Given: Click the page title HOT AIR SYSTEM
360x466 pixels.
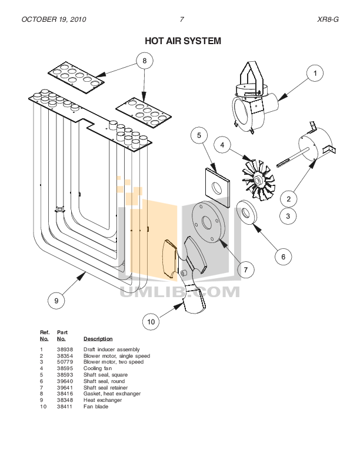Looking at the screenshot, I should pos(183,41).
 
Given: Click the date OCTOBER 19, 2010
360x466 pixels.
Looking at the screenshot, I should pos(54,19).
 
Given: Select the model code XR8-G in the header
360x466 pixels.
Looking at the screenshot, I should pos(328,19).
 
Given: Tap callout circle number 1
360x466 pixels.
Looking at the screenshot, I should pos(315,74).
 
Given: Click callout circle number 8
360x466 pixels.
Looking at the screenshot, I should pos(145,60).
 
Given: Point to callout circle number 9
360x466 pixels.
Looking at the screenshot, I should pos(56,301).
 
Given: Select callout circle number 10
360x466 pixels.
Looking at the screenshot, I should pos(151,322).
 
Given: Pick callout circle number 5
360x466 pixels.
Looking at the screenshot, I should pos(199,135).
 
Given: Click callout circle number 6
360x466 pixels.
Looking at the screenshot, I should pos(283,257).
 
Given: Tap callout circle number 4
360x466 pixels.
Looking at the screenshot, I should pos(222,144).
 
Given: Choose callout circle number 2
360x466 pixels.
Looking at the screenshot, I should pos(288,199).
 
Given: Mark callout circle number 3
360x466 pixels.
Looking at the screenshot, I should pos(288,217).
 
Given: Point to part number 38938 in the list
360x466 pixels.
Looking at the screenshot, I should pos(64,349).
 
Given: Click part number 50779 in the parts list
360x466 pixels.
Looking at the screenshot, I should pos(64,362).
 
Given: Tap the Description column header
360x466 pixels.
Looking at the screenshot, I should pos(98,339).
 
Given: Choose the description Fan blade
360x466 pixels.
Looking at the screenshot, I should pos(96,407).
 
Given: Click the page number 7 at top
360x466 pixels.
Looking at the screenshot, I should pos(182,19).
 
